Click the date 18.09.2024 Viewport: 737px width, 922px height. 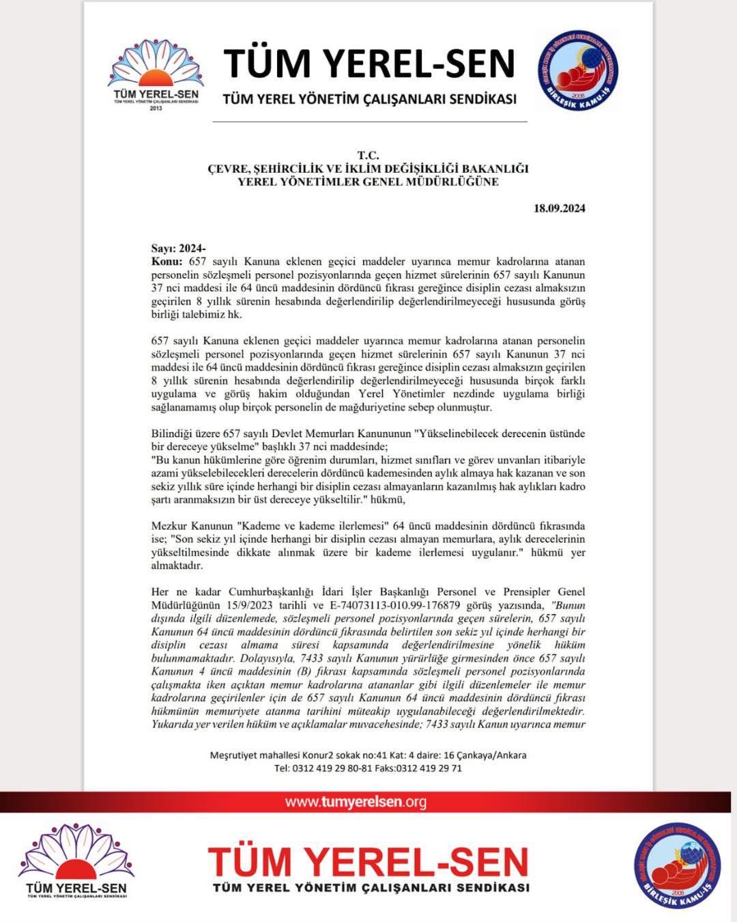559,208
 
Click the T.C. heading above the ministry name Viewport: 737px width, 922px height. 368,156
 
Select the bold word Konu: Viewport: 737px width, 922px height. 167,262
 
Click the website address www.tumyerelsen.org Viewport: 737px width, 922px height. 356,802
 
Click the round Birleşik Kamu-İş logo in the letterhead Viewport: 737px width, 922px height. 578,71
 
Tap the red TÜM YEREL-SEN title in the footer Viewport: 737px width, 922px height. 369,862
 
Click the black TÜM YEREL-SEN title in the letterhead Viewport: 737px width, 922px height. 369,63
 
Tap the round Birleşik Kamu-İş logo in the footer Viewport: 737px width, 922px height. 677,866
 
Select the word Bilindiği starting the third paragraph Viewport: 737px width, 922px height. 172,434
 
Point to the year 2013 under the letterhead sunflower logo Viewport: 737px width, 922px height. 156,108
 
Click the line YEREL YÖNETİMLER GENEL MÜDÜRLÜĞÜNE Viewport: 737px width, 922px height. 368,182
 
